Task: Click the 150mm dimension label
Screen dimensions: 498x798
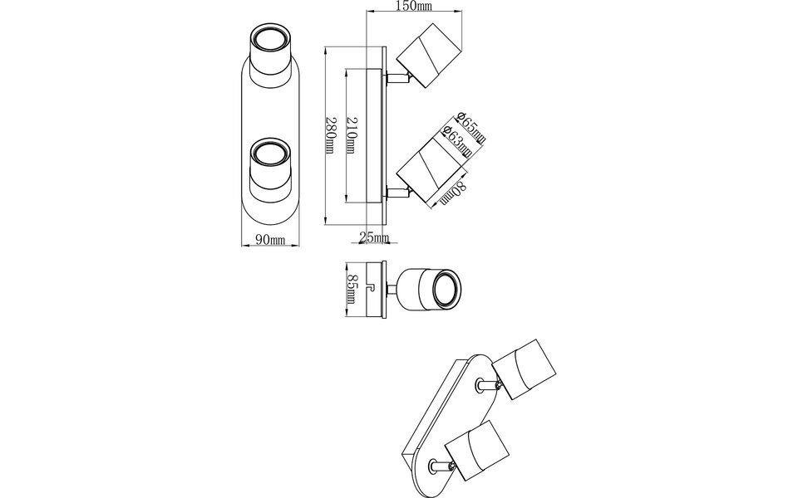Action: pos(414,7)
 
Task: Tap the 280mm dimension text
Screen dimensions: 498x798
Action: pos(330,134)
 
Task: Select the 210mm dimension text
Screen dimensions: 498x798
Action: pos(351,134)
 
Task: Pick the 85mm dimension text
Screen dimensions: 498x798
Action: pos(352,290)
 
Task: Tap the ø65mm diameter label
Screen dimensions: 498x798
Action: pos(470,128)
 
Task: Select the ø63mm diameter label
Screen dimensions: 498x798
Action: pos(458,141)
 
